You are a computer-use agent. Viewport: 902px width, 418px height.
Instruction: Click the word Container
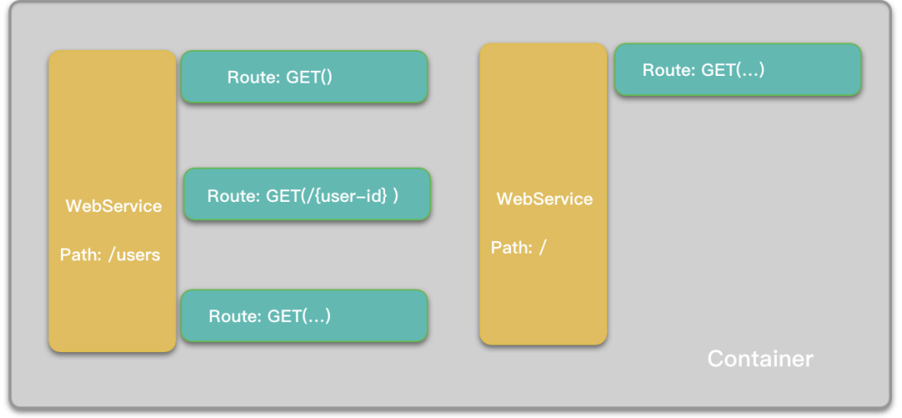(760, 359)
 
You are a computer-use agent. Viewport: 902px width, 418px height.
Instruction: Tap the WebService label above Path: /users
(114, 206)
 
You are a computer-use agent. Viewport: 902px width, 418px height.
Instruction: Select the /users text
(134, 254)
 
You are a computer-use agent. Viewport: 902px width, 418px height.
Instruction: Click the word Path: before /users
(82, 254)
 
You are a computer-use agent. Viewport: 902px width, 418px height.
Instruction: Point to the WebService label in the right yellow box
(545, 199)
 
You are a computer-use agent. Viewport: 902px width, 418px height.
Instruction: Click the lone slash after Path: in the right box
(543, 248)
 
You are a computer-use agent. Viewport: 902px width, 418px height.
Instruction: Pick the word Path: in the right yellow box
(511, 248)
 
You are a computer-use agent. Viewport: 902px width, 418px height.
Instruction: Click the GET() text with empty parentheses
(309, 78)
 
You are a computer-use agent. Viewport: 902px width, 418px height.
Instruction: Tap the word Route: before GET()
(254, 78)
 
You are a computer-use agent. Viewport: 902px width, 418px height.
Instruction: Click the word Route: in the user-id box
(234, 196)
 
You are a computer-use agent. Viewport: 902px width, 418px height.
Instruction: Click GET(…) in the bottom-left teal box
(299, 316)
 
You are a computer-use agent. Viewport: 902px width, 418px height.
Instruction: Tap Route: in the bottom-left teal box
(235, 316)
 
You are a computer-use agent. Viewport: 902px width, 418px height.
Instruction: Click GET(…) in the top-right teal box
(733, 70)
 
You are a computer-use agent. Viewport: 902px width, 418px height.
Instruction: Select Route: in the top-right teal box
(669, 70)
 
